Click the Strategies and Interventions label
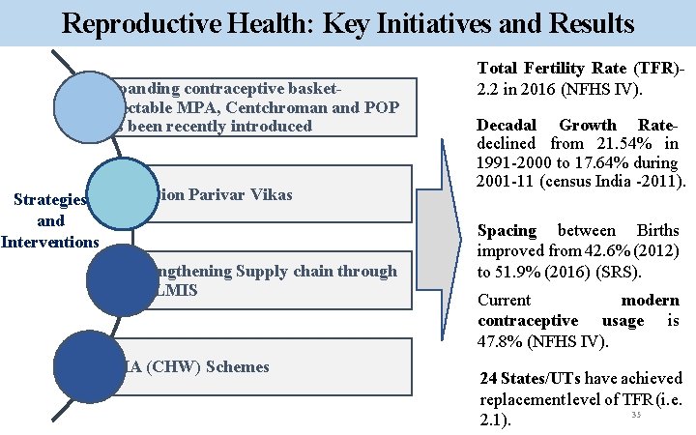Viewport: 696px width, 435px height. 50,220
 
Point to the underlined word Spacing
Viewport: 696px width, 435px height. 507,230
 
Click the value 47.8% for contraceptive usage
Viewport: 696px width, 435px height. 503,340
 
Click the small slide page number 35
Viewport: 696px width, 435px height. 636,416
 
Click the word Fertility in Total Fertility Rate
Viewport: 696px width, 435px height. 558,69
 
